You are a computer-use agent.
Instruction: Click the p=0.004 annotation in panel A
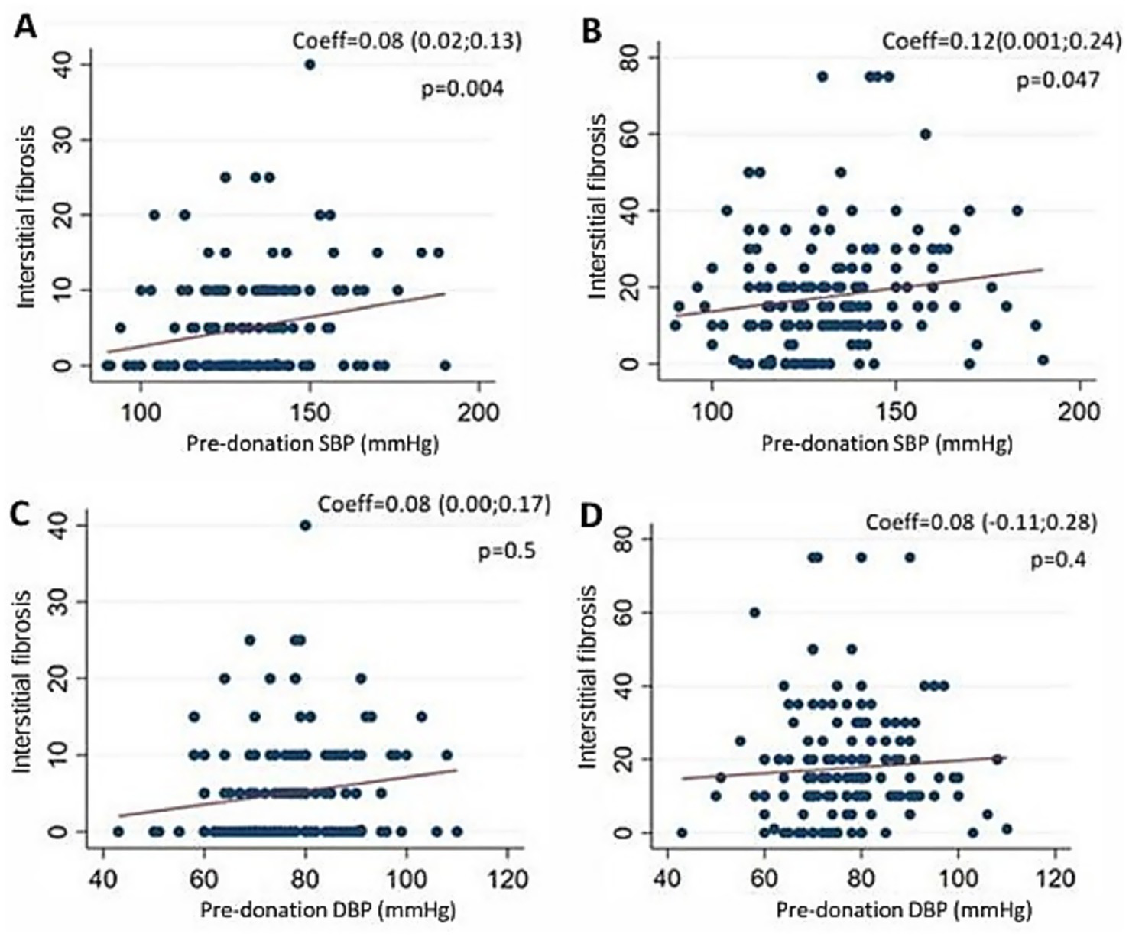(x=462, y=89)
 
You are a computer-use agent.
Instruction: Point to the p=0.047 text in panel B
(x=1058, y=79)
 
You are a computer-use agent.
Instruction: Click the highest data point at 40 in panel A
(x=310, y=65)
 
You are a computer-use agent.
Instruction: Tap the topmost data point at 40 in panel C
(x=306, y=525)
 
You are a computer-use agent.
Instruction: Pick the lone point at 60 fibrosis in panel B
(x=926, y=134)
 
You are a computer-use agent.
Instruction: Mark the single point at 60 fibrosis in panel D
(x=754, y=612)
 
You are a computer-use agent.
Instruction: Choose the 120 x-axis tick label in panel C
(x=507, y=878)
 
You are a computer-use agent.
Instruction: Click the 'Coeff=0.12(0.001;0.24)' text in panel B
(x=991, y=41)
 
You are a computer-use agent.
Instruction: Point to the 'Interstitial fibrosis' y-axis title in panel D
(x=588, y=676)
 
